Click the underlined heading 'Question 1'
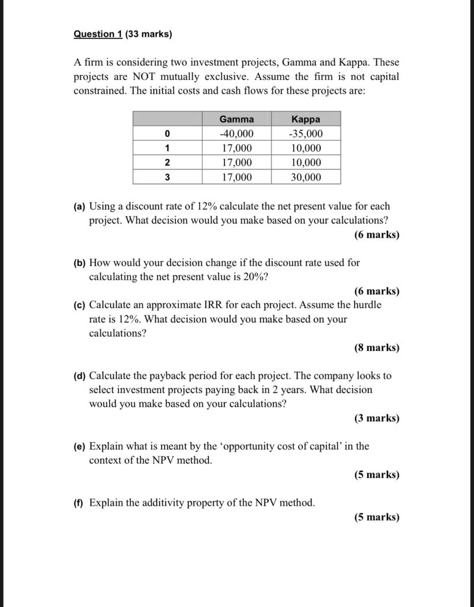point(98,34)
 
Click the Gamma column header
point(236,119)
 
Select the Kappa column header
point(306,119)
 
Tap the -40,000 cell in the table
point(236,134)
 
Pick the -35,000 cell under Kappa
point(306,134)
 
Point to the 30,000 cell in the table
point(306,177)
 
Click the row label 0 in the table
point(167,134)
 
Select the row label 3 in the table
point(167,177)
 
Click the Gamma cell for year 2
point(236,162)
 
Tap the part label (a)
point(80,207)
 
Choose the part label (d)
point(80,376)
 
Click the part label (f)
point(79,503)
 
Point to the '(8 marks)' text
point(377,348)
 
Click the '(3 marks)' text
point(377,418)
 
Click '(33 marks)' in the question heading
point(149,34)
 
